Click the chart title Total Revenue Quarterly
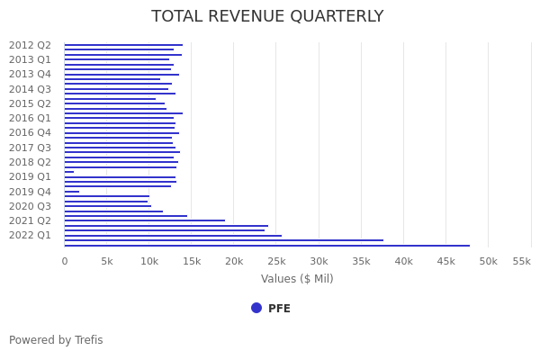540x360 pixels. coord(267,16)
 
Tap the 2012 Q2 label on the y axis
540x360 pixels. coord(30,45)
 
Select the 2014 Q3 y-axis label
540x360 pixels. coord(30,89)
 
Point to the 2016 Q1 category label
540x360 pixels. coord(30,118)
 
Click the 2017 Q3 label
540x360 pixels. coord(30,148)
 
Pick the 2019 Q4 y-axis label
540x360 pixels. coord(30,192)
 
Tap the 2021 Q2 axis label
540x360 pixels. coord(30,220)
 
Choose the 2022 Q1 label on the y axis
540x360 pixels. coord(30,235)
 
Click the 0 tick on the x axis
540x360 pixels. coord(65,261)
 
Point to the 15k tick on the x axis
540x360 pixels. coord(192,261)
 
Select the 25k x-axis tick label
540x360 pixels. coord(276,261)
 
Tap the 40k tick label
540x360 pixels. coord(404,261)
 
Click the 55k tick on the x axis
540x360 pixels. coord(522,261)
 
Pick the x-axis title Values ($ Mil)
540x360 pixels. coord(297,279)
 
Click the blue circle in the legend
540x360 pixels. coord(256,308)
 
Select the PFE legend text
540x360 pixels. coord(279,309)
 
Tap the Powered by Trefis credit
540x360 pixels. coord(56,340)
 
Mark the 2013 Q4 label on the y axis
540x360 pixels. coord(30,74)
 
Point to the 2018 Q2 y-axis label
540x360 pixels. coord(30,162)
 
